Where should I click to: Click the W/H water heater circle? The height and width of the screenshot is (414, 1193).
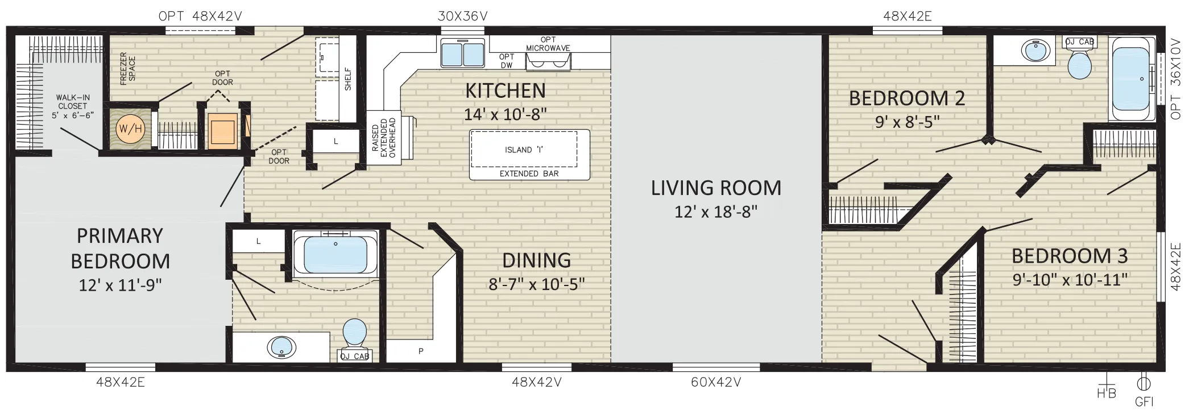(x=130, y=129)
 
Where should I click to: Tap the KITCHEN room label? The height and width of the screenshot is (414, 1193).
(x=506, y=90)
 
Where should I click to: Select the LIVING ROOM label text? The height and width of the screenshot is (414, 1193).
(x=716, y=188)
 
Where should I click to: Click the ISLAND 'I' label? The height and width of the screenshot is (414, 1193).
(x=523, y=150)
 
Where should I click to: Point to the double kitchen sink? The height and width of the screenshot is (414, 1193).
(x=462, y=53)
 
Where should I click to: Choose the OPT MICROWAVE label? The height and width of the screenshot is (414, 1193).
(x=548, y=44)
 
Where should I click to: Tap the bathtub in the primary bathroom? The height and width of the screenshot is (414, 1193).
(x=335, y=254)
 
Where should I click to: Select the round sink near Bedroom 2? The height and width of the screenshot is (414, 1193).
(x=1035, y=51)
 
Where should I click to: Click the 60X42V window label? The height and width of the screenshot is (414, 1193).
(x=716, y=382)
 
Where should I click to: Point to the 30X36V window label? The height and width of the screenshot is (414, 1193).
(x=462, y=16)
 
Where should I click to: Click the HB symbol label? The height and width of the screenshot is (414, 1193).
(x=1106, y=393)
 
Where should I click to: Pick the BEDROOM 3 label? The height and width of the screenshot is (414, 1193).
(x=1070, y=256)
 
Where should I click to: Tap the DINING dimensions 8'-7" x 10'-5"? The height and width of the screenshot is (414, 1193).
(x=537, y=284)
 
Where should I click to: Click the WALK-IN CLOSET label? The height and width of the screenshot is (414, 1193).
(x=73, y=106)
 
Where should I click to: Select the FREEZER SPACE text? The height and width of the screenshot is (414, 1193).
(x=128, y=69)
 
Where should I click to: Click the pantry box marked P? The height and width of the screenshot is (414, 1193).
(x=421, y=351)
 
